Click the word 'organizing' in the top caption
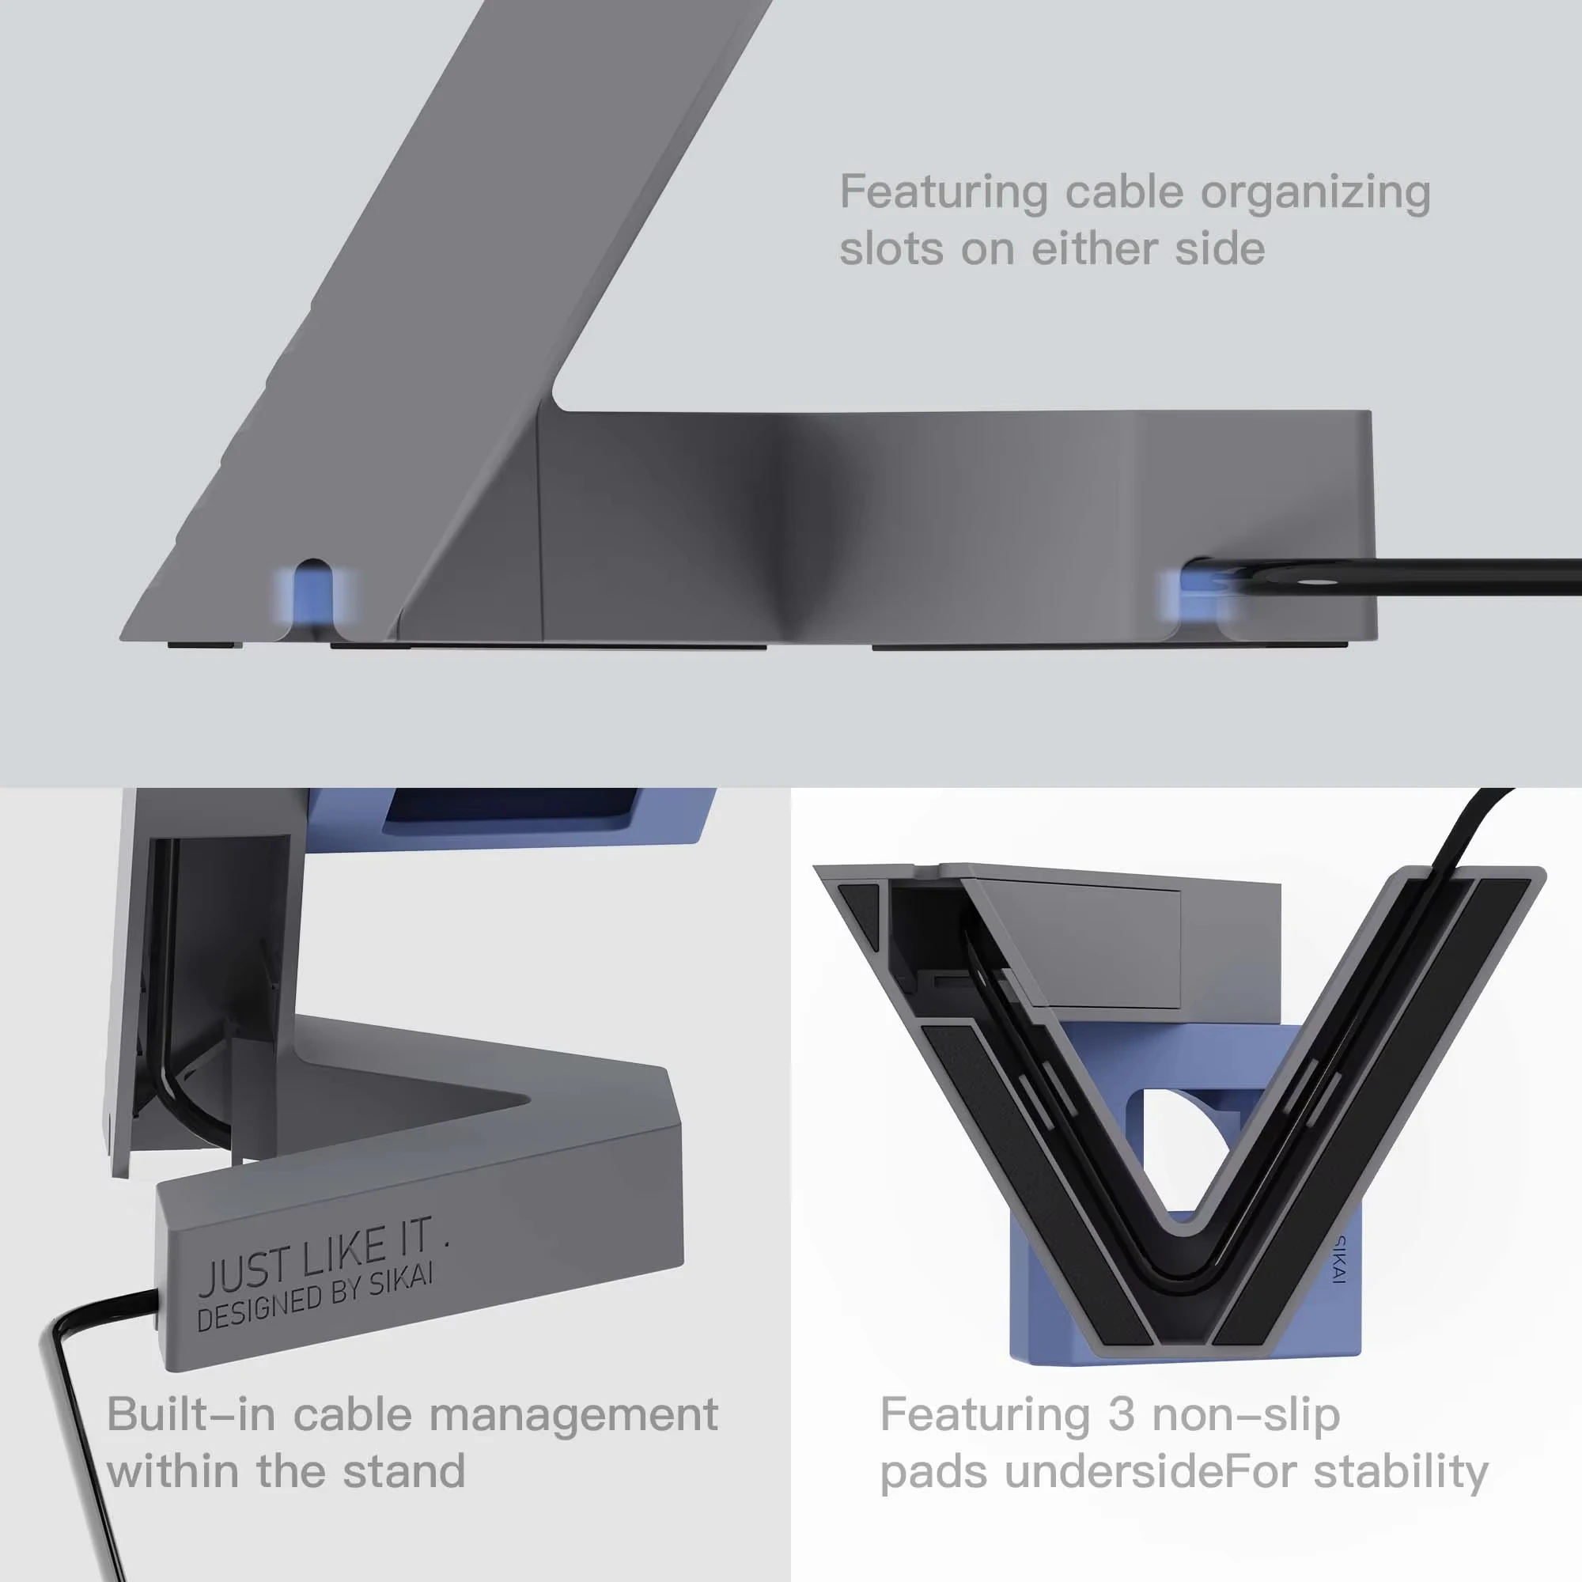(1315, 193)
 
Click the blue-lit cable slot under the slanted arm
(312, 596)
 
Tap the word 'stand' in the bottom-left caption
(403, 1470)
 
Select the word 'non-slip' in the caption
(1246, 1414)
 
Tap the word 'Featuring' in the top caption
(944, 193)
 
